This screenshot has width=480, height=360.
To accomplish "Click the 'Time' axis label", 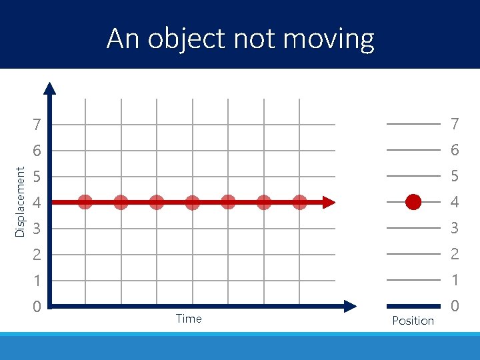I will coord(189,319).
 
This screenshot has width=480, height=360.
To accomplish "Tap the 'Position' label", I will coord(413,321).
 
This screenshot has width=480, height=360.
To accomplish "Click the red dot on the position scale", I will coord(413,202).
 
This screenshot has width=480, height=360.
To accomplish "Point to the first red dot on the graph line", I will coord(85,202).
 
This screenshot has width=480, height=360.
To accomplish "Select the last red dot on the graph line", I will coord(299,202).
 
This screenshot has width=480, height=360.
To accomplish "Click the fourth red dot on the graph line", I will coord(192,202).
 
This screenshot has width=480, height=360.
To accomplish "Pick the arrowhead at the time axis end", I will coord(350,306).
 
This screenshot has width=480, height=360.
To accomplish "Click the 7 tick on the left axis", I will coord(37,125).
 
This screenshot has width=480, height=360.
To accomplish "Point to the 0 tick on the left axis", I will coord(37,307).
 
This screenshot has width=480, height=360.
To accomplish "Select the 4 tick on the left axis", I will coord(37,202).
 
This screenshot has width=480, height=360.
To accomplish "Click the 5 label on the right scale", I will coord(455,177).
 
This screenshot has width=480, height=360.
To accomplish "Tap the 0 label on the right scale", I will coord(455,306).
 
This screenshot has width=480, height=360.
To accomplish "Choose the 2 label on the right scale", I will coord(455,254).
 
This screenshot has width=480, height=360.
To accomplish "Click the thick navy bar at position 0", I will coord(413,305).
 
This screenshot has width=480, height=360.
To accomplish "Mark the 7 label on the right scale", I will coord(455,124).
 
